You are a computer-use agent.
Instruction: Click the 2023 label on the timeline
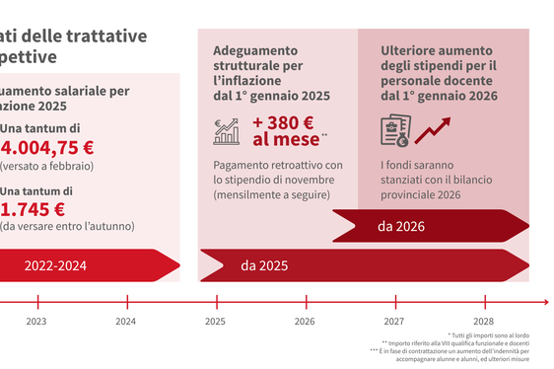click(35, 322)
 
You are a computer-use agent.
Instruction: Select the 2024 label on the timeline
click(125, 322)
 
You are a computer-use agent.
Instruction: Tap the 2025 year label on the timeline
click(215, 322)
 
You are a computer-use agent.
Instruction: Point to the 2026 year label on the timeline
click(305, 322)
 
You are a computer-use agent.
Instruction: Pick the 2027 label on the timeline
click(394, 322)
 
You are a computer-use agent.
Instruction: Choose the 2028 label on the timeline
click(483, 322)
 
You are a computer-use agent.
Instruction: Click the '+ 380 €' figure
click(283, 122)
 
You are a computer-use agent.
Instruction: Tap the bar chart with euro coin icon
click(227, 131)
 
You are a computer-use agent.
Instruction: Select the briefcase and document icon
click(394, 131)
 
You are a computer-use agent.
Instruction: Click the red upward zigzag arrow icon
click(433, 130)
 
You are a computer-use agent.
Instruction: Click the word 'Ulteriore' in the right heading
click(414, 47)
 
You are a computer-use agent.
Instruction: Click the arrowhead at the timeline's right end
click(545, 302)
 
